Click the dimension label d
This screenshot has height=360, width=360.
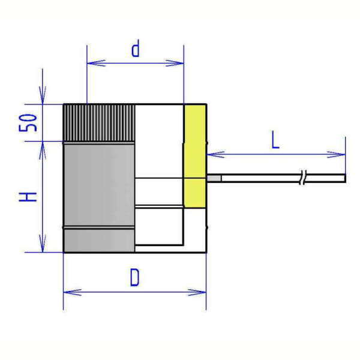pos(136,49)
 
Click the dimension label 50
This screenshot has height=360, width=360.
pos(28,123)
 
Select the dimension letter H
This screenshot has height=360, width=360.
pos(28,197)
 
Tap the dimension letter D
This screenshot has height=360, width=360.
pos(134,278)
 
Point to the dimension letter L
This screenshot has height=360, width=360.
pos(275,140)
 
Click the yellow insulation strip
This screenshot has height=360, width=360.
pos(195,156)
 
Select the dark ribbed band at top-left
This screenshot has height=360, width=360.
pos(99,123)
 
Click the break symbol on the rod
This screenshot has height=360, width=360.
pos(303,178)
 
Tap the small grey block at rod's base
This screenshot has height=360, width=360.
pos(214,178)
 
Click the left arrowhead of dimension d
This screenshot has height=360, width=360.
pos(96,63)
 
